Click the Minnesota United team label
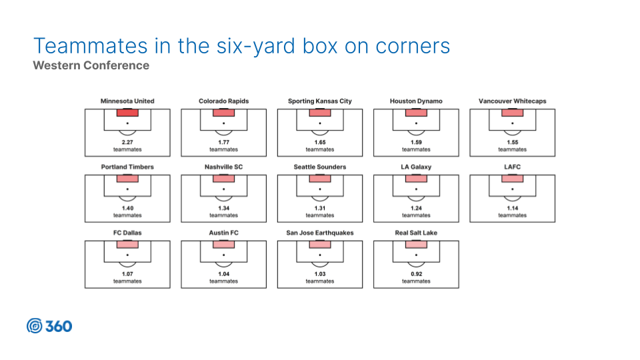(127, 101)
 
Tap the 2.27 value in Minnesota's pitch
(127, 143)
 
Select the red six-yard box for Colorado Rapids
(224, 113)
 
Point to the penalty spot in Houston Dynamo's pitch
(416, 123)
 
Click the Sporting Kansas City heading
(320, 101)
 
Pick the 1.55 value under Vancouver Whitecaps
(513, 143)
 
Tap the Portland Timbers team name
(127, 167)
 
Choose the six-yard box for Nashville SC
(224, 179)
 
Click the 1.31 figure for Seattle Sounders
(320, 208)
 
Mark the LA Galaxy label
(416, 167)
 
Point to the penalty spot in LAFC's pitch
(513, 189)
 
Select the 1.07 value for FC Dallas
(127, 274)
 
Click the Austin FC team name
(224, 233)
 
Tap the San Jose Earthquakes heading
(320, 233)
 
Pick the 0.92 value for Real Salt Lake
(416, 274)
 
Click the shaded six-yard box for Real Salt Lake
(416, 245)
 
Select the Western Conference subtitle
(91, 65)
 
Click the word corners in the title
(413, 46)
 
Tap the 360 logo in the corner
(49, 326)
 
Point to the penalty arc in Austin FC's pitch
(224, 266)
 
